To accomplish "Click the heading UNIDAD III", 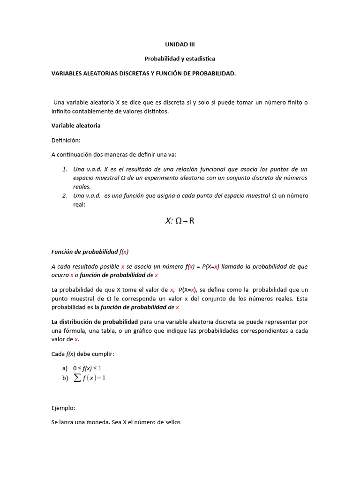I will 180,45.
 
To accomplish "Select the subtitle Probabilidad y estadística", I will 180,59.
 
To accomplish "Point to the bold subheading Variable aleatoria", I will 75,126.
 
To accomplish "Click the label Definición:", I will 66,140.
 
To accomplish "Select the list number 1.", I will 65,169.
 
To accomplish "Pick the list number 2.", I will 65,195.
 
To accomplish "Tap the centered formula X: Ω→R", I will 180,221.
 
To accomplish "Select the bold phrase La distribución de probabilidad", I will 94,322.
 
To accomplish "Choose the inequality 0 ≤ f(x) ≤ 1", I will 87,368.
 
